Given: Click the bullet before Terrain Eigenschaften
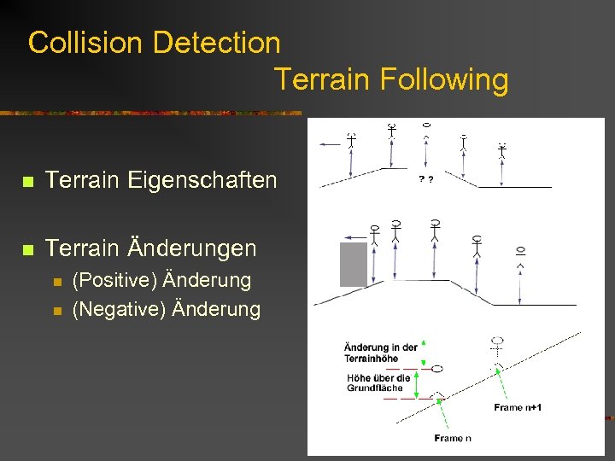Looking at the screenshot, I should pos(28,182).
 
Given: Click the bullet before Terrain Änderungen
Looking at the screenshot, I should pos(28,249).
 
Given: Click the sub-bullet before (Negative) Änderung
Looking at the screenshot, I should pos(56,310).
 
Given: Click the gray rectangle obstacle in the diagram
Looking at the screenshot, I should pos(354,264).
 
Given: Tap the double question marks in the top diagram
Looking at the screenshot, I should pos(425,179).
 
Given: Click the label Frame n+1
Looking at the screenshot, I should pos(518,407).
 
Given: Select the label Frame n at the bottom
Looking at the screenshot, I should pos(453,438).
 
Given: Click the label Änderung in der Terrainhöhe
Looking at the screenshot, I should pos(380,353).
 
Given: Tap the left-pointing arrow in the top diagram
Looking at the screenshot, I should pos(330,146).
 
